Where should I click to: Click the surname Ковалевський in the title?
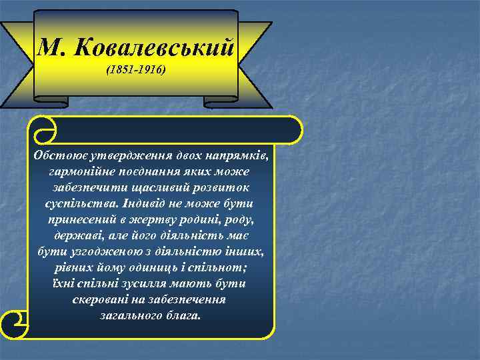coord(155,47)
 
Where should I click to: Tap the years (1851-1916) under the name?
coord(136,69)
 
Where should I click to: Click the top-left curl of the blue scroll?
coord(43,129)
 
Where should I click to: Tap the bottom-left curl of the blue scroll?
coord(16,325)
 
